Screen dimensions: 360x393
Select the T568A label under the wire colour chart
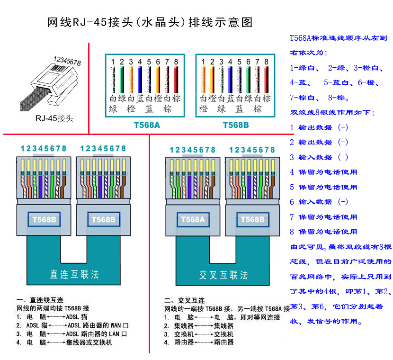[147, 126]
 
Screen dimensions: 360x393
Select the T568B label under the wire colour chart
[235, 126]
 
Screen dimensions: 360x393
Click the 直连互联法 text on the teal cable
[74, 274]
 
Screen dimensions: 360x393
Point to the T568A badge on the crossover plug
[192, 220]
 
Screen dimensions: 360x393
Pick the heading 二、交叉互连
[184, 300]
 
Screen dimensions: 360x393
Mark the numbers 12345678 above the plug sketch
[67, 61]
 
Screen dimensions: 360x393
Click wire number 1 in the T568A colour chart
[113, 62]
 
